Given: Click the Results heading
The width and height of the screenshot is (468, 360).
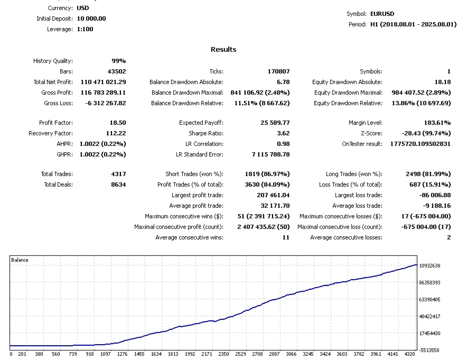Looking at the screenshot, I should [x=223, y=50].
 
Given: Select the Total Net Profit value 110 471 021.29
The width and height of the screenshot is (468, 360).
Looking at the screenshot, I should [x=104, y=82].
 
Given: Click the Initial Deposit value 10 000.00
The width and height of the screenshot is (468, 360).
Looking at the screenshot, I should [x=91, y=19].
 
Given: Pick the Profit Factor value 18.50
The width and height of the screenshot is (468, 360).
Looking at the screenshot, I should [x=116, y=123].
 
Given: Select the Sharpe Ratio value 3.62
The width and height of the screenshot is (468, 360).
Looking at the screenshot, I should [x=283, y=133].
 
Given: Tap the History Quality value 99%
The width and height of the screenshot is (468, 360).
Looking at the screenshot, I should [x=118, y=61].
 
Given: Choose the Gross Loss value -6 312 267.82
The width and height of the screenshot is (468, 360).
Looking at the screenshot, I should [x=106, y=103].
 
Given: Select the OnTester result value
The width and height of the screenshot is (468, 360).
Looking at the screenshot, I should [x=420, y=144].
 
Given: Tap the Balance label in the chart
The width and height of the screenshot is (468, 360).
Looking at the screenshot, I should [x=20, y=260].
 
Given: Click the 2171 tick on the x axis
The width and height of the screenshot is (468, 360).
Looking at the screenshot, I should [x=207, y=354].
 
